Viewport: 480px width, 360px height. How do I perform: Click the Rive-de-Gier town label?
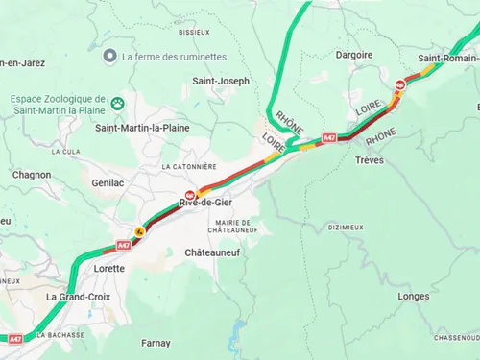point(204,203)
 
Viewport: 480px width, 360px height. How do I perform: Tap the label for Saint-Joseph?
point(221,82)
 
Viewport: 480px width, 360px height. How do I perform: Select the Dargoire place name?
point(354,55)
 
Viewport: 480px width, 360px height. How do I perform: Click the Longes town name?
point(413,297)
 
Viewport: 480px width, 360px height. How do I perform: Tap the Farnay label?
point(155,343)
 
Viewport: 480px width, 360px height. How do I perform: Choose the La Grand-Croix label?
point(76,297)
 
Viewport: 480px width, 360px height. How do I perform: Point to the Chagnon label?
point(32,175)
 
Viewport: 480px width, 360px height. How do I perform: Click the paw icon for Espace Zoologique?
point(118,103)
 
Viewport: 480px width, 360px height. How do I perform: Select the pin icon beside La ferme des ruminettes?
point(111,57)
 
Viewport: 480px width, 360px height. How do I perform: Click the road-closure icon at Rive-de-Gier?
point(190,193)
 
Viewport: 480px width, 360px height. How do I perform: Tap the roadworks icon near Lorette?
point(140,231)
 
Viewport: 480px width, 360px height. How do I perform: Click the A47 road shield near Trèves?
point(328,137)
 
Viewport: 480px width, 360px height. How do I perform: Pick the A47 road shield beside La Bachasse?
point(15,338)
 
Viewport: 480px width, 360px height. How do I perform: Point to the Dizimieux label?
point(346,228)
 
